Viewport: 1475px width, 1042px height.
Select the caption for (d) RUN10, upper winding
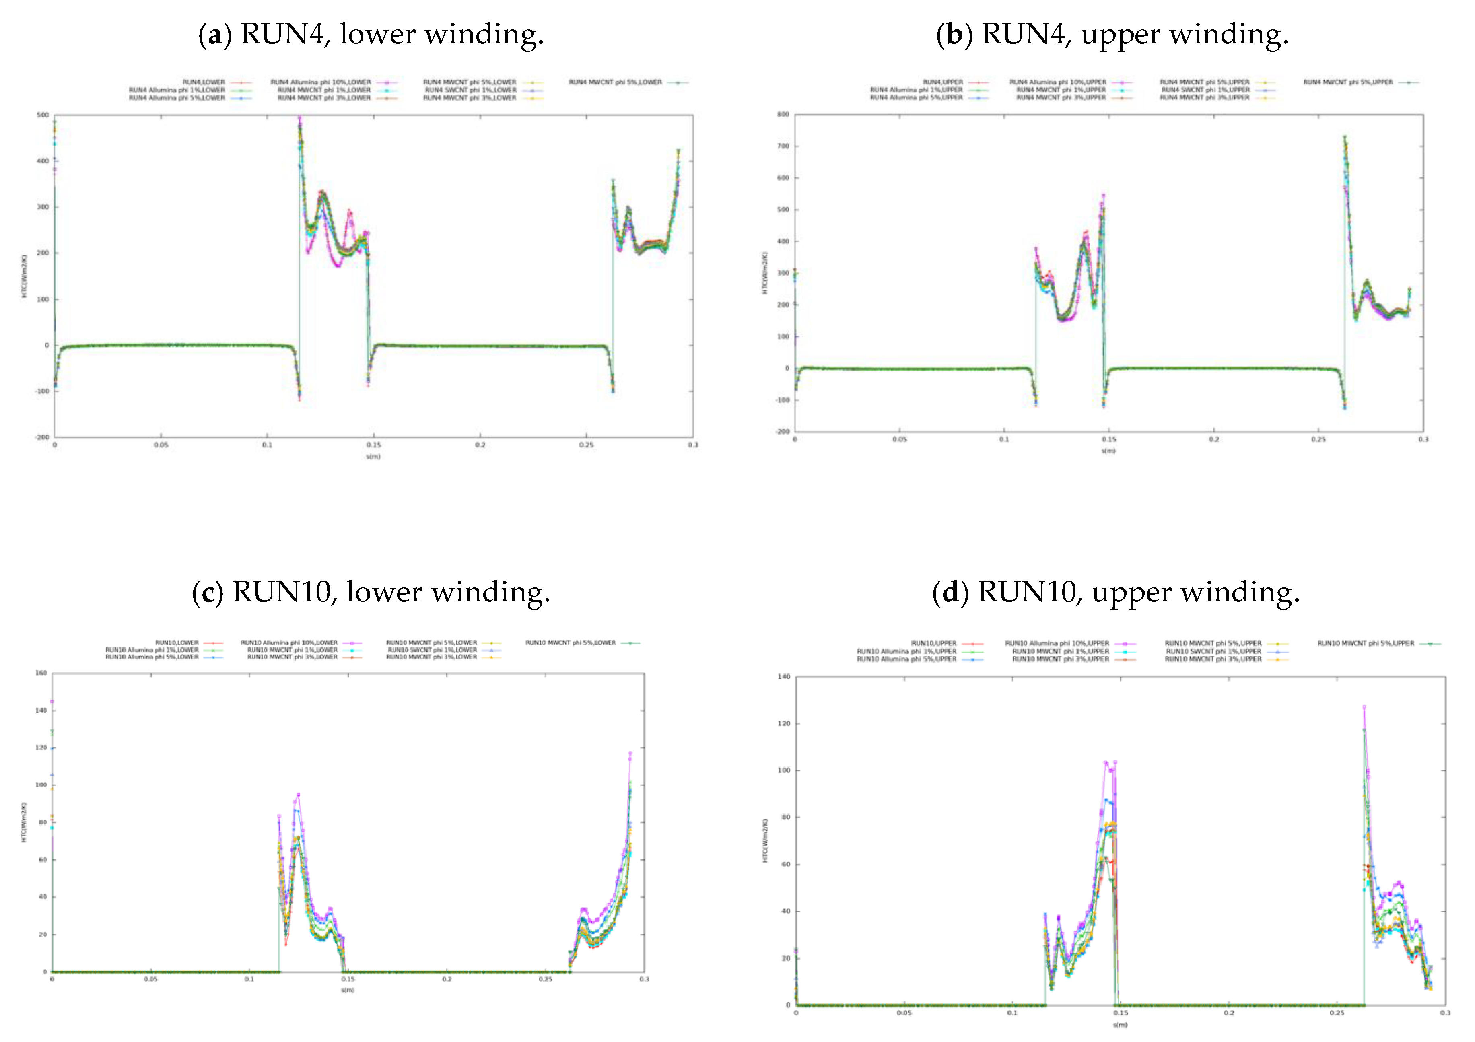pyautogui.click(x=1115, y=592)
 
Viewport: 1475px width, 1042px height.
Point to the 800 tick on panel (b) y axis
pyautogui.click(x=783, y=114)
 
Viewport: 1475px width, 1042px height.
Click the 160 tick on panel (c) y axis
pyautogui.click(x=41, y=673)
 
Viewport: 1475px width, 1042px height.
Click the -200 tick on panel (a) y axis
pyautogui.click(x=42, y=437)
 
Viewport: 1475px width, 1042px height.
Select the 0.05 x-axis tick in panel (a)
pyautogui.click(x=161, y=445)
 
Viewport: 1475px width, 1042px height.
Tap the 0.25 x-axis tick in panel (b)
pyautogui.click(x=1318, y=439)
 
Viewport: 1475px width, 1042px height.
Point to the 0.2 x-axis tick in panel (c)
pyautogui.click(x=447, y=979)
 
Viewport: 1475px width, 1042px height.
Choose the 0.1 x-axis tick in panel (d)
pyautogui.click(x=1012, y=1013)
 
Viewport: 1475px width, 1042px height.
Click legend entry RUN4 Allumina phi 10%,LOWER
pyautogui.click(x=321, y=82)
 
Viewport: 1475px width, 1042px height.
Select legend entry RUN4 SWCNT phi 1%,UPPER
pyautogui.click(x=1205, y=90)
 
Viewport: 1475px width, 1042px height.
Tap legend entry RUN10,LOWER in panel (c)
pyautogui.click(x=177, y=642)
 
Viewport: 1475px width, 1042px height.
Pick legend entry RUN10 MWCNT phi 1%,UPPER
pyautogui.click(x=1061, y=651)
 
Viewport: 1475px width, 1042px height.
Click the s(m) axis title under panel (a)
pyautogui.click(x=373, y=457)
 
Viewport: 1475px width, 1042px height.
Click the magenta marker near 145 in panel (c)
pyautogui.click(x=52, y=702)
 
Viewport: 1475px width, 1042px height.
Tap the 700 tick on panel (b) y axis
pyautogui.click(x=783, y=146)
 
